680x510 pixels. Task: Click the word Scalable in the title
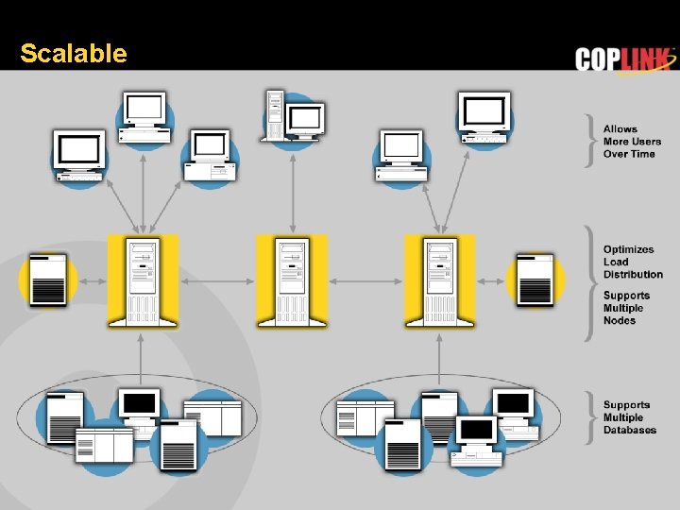73,54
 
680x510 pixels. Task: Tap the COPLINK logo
625,59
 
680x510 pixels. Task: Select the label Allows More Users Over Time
632,142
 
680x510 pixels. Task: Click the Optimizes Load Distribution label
633,262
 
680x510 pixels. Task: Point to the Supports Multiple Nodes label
626,308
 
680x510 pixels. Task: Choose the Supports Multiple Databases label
629,417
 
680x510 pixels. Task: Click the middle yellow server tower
292,280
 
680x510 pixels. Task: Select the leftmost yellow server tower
143,280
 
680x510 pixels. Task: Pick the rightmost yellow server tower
440,280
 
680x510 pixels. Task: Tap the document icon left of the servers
47,280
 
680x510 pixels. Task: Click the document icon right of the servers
535,280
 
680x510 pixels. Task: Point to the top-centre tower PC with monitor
294,117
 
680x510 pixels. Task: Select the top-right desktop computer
484,118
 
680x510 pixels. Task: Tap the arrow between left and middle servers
217,280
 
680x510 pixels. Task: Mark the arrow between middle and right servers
366,280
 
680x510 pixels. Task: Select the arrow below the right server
440,357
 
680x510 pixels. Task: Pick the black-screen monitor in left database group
140,406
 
